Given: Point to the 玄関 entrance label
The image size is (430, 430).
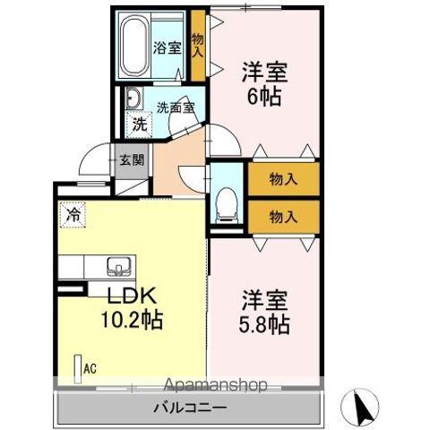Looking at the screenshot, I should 133,161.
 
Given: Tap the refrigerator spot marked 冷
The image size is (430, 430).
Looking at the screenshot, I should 74,215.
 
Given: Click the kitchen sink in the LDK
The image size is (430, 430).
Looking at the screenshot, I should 118,265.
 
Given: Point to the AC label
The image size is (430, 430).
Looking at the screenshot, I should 90,366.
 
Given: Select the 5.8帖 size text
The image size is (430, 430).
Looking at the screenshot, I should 263,324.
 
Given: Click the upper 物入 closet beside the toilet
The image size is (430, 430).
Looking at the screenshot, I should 283,179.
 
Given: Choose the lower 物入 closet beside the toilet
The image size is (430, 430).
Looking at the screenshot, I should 283,217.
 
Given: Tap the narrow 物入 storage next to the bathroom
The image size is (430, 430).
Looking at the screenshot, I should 198,46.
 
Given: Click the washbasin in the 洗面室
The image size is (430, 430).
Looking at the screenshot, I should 132,99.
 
